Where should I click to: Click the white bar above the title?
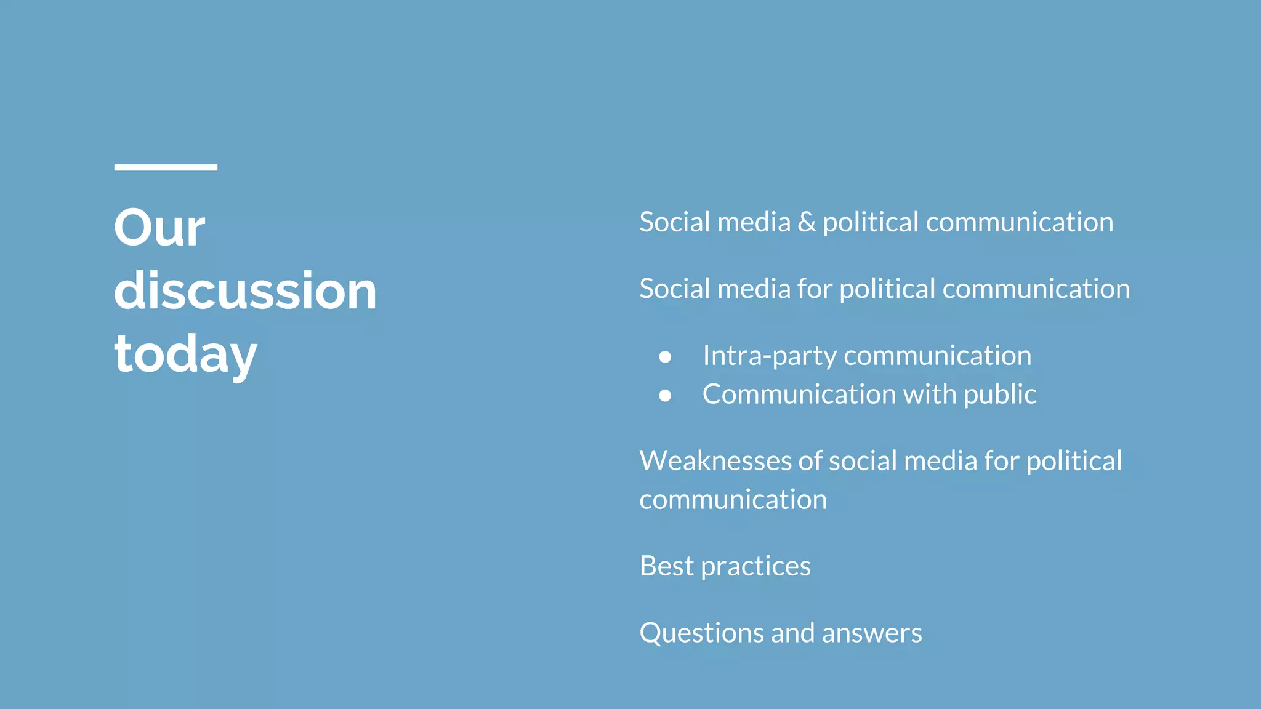(x=166, y=167)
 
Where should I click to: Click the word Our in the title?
(x=159, y=228)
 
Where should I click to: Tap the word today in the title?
(x=185, y=354)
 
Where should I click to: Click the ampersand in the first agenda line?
(x=806, y=222)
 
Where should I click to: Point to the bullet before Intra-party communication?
(x=665, y=356)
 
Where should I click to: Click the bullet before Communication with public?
(x=665, y=395)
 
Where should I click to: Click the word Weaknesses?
(x=714, y=460)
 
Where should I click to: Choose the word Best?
(x=666, y=566)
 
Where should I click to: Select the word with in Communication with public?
(x=930, y=394)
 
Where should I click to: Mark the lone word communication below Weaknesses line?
(x=733, y=499)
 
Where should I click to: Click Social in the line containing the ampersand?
(x=674, y=222)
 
